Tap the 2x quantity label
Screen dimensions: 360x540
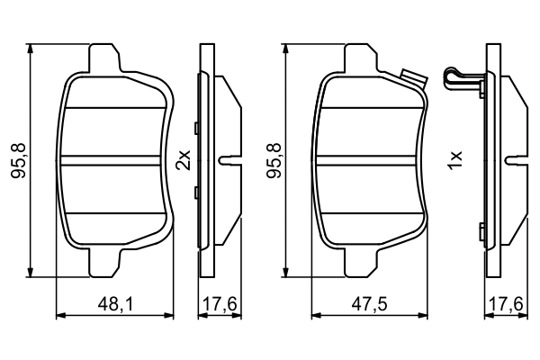click(184, 160)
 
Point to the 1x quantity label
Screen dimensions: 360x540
click(455, 161)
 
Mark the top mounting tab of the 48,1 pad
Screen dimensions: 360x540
click(104, 60)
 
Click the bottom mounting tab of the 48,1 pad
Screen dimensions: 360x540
click(104, 262)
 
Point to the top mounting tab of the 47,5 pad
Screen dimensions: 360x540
click(359, 60)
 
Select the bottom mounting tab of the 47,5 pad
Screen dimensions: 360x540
click(359, 262)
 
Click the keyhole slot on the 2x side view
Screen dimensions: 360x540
click(229, 161)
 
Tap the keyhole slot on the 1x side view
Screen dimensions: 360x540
click(518, 161)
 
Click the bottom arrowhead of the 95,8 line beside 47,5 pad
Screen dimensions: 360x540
click(286, 273)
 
